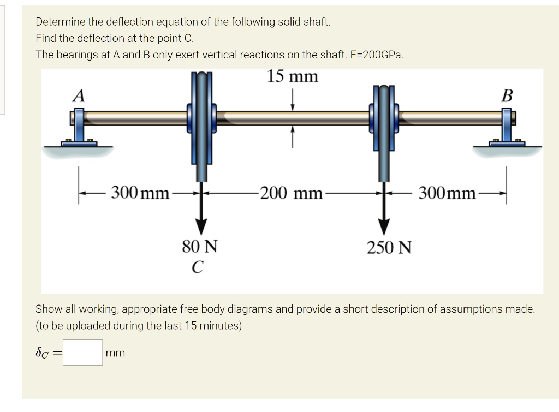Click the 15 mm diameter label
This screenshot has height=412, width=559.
(x=292, y=76)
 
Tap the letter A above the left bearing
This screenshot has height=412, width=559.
(x=79, y=97)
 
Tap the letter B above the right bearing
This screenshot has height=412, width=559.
(x=507, y=97)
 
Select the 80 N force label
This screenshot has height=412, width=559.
(x=200, y=247)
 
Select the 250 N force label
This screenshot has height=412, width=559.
(x=389, y=248)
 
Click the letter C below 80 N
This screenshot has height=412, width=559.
(x=198, y=267)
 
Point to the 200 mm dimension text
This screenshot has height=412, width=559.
(x=291, y=193)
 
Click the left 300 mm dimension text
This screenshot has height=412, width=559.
(x=140, y=193)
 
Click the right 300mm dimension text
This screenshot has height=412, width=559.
(x=447, y=193)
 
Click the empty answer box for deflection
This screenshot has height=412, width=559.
(x=82, y=353)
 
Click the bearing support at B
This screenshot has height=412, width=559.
(x=507, y=128)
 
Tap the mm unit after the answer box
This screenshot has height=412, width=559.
(x=116, y=353)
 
